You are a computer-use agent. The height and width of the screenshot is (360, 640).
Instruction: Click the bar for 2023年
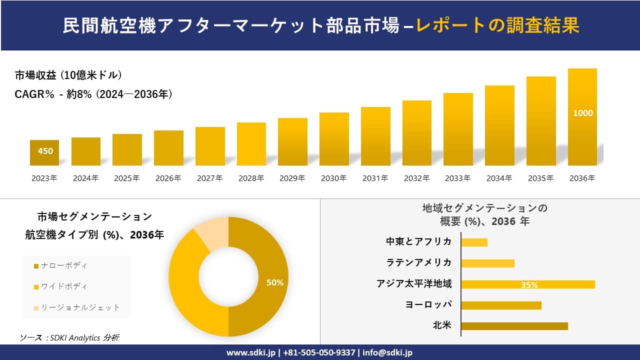click(x=44, y=152)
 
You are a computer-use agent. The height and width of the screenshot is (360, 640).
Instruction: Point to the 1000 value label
click(x=582, y=113)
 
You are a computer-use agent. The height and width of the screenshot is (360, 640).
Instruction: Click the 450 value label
click(x=45, y=151)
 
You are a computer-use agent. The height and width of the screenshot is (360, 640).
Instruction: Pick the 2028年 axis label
click(x=251, y=178)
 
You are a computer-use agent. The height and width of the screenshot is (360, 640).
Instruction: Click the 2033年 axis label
click(x=458, y=178)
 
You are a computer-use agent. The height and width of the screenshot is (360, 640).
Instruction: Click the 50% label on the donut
click(x=274, y=282)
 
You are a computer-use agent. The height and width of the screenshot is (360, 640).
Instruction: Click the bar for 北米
click(x=514, y=326)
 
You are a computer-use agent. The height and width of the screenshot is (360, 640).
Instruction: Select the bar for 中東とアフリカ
click(x=474, y=242)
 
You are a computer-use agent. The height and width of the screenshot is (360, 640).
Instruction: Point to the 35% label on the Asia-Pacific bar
click(x=529, y=285)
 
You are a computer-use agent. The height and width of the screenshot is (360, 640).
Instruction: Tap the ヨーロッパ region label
click(x=429, y=304)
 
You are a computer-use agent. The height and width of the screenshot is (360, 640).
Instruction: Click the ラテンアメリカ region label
click(x=419, y=262)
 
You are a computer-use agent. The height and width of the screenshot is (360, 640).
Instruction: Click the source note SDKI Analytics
click(x=69, y=337)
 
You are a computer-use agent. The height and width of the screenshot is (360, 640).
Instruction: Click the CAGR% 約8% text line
click(x=94, y=94)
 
